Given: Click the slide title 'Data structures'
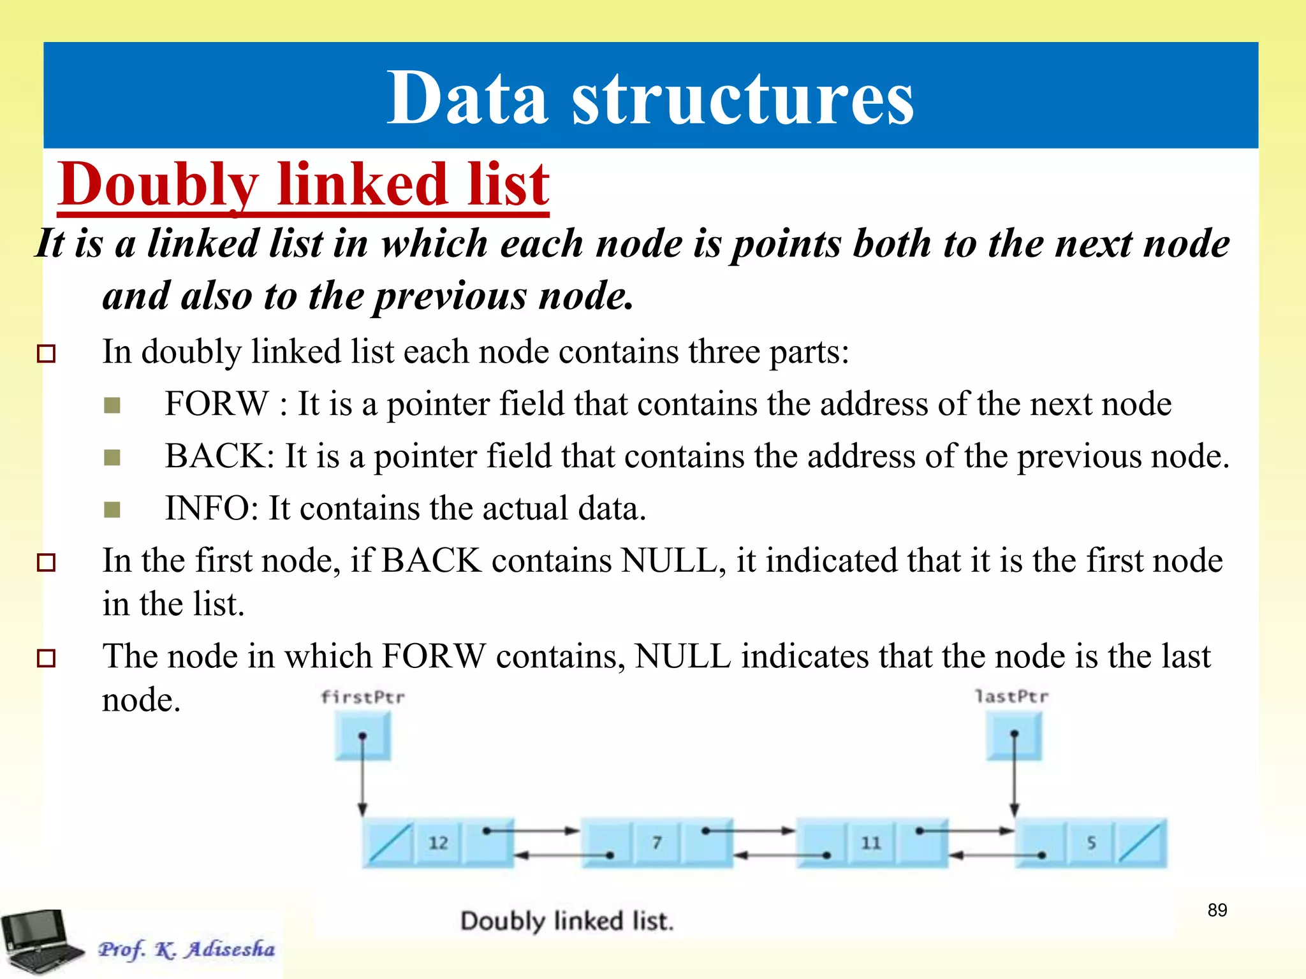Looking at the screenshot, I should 650,98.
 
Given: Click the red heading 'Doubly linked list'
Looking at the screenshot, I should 304,184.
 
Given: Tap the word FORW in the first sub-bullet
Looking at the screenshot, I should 217,403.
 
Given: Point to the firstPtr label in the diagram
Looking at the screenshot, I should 362,697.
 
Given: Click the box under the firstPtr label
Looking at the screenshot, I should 363,736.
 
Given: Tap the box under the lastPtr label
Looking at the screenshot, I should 1014,736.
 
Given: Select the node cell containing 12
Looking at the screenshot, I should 438,843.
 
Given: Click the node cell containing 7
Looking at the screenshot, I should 657,843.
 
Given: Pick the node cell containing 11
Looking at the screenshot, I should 871,843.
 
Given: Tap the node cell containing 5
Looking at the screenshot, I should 1091,843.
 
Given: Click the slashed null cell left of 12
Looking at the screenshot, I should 389,843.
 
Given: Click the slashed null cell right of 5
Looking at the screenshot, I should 1141,843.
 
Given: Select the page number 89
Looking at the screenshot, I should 1217,910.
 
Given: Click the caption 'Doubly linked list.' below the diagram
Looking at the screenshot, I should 566,921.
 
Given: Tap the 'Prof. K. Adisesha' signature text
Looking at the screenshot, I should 186,949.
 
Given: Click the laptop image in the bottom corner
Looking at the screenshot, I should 40,941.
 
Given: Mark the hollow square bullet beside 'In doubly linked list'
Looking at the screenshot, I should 47,353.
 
